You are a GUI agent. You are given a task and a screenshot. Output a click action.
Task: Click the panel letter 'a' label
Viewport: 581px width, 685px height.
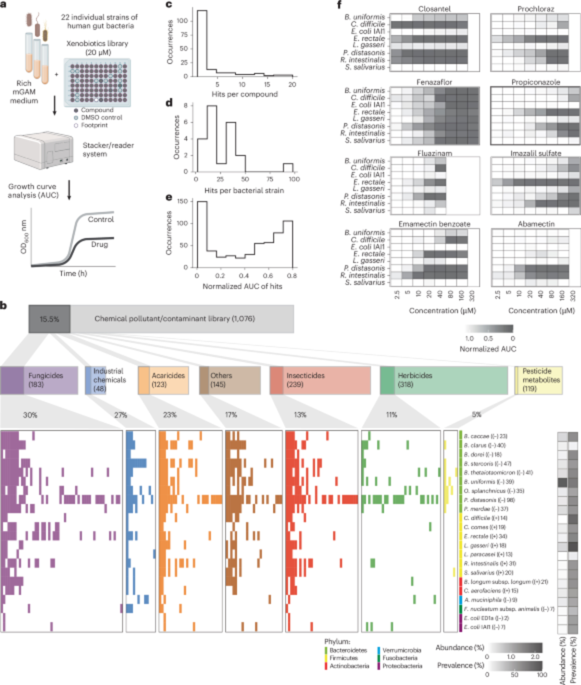tap(3, 4)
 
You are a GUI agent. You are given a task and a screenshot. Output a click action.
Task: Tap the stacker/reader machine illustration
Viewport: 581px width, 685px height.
tap(44, 151)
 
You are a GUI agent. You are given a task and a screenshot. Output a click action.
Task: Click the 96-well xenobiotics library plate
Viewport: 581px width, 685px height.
tap(98, 83)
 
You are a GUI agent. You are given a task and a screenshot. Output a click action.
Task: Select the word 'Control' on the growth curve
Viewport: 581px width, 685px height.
tap(100, 219)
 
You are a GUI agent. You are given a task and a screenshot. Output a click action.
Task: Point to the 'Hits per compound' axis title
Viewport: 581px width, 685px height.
tap(244, 94)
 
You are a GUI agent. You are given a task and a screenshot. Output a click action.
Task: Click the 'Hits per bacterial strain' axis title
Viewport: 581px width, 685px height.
tap(244, 190)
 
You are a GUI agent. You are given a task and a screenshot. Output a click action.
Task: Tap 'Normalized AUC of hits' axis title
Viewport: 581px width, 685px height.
tap(242, 286)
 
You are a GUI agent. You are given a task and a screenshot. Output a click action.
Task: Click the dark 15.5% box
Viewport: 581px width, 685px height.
tap(49, 319)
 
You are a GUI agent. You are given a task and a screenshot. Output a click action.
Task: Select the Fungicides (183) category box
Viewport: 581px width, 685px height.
tap(39, 380)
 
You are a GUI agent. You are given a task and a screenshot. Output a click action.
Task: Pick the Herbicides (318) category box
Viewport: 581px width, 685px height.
tap(444, 380)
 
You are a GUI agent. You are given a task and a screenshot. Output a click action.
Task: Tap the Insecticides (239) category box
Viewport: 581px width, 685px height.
tap(320, 380)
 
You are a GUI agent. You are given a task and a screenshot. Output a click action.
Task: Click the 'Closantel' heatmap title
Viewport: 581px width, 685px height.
tap(434, 9)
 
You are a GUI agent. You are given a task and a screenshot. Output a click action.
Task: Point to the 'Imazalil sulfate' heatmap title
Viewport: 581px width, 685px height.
tap(536, 153)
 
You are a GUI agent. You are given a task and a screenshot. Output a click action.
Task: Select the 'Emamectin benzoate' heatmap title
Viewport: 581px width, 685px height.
tap(434, 224)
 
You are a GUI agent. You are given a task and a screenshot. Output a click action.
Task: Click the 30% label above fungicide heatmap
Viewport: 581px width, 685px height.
tap(30, 415)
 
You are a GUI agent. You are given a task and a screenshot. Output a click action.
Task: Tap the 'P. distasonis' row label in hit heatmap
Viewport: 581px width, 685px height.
tap(489, 500)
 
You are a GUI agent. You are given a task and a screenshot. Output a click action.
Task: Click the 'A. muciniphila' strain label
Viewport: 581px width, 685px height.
tap(490, 600)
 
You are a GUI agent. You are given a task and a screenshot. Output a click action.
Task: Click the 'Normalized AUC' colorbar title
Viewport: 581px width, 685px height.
tap(487, 349)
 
